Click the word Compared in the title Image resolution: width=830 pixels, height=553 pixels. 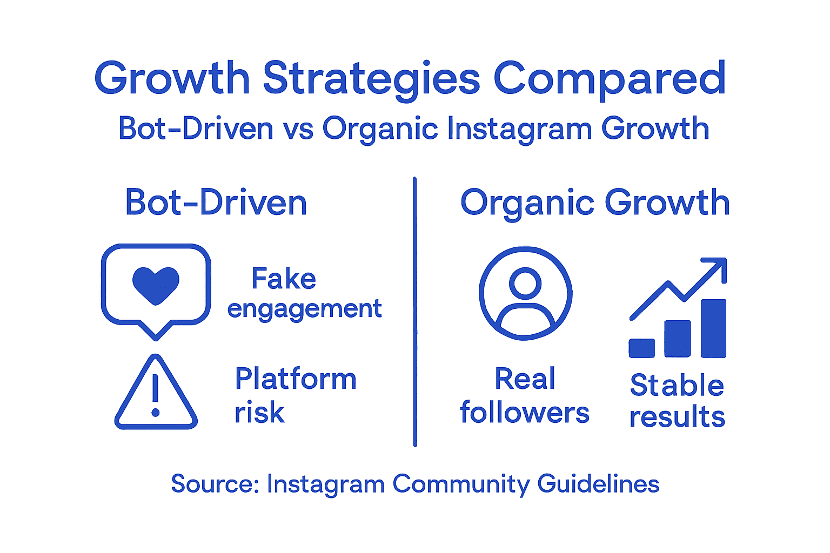click(x=610, y=79)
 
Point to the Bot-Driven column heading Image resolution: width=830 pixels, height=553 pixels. click(x=216, y=203)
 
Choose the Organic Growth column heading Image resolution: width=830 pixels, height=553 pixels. click(x=595, y=203)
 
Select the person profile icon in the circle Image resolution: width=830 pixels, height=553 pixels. click(x=525, y=293)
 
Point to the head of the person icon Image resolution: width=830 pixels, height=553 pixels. click(x=525, y=282)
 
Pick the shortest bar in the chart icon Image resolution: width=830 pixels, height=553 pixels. click(x=641, y=348)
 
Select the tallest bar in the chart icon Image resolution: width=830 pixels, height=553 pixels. click(x=713, y=328)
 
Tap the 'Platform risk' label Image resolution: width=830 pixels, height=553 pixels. click(x=295, y=395)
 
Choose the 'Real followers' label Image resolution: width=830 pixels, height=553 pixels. click(x=525, y=395)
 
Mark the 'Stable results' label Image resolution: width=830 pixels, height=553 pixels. click(x=677, y=401)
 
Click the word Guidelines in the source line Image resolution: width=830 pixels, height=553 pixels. click(x=598, y=484)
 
